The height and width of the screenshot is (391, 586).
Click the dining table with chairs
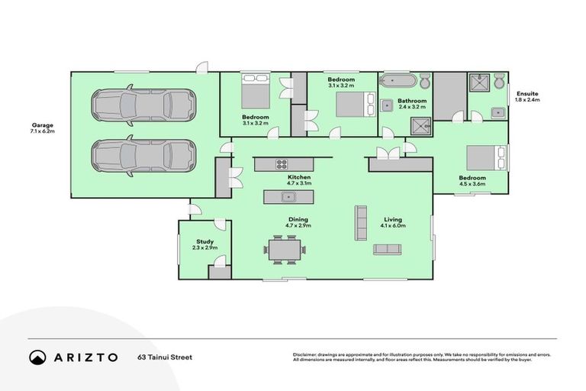[x=285, y=248]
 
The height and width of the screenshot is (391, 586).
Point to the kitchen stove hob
[x=281, y=163]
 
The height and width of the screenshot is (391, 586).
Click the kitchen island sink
[x=288, y=197]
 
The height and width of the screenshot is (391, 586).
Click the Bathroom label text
[x=411, y=101]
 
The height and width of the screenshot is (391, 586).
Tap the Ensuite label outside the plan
[x=526, y=94]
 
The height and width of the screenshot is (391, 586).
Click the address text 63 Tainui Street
[x=165, y=357]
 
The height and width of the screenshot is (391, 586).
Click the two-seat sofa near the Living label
[x=387, y=249]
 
